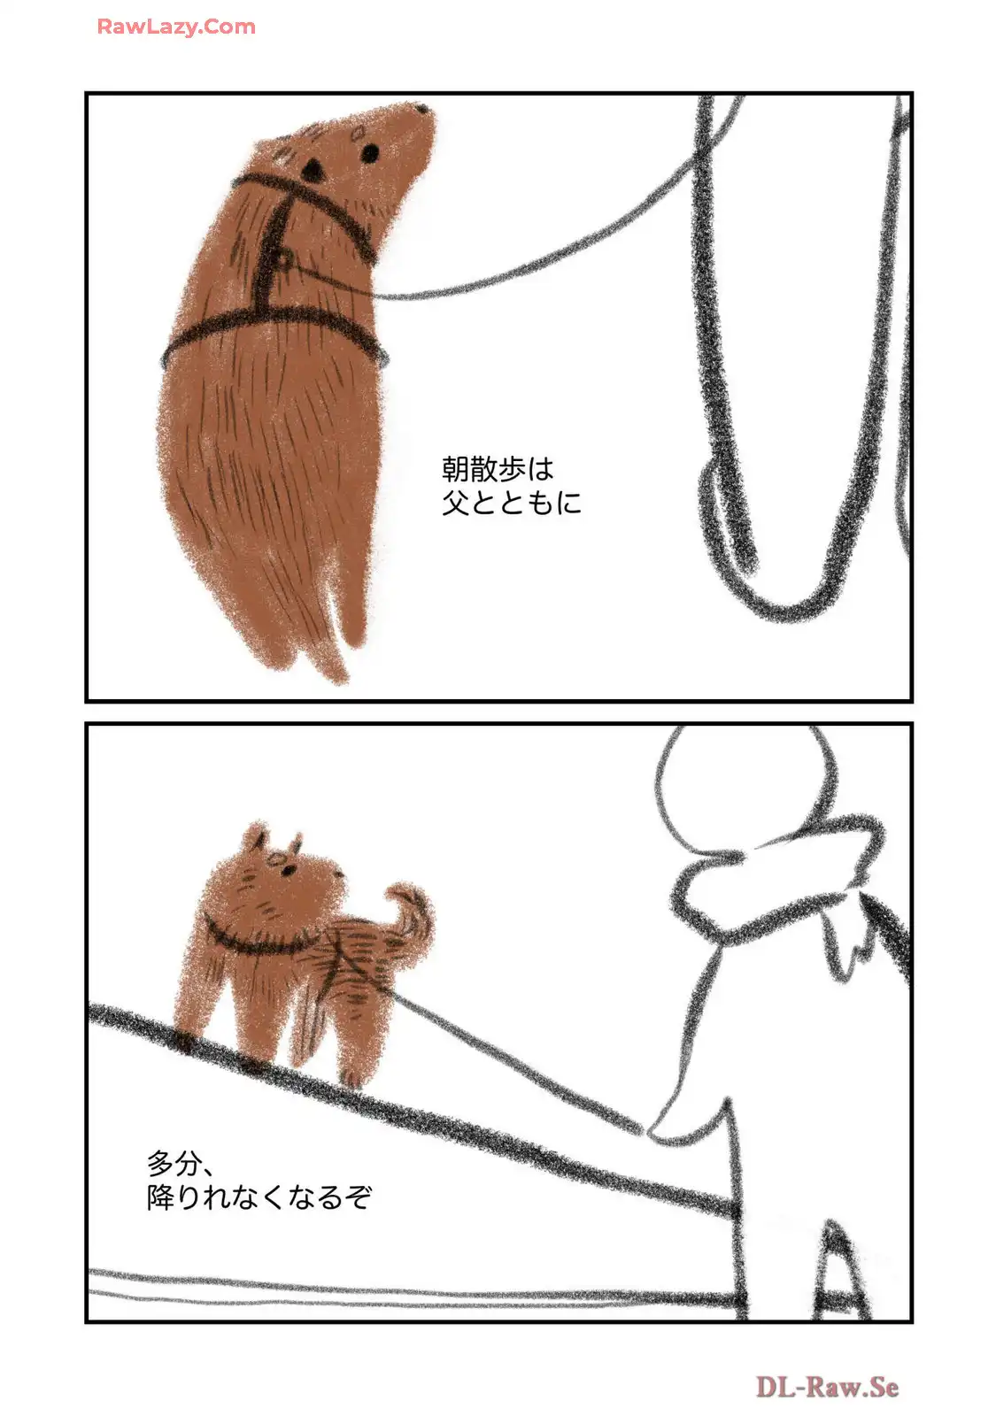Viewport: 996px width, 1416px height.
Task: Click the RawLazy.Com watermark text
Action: (176, 27)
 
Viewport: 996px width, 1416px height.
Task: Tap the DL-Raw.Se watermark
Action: (827, 1387)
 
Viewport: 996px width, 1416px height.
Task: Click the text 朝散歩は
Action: (498, 469)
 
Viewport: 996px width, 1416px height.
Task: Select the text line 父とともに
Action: (511, 504)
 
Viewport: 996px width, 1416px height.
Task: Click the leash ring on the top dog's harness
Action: (284, 259)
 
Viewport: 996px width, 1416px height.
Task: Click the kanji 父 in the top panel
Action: (455, 504)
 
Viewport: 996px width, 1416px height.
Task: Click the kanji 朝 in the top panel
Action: (455, 469)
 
